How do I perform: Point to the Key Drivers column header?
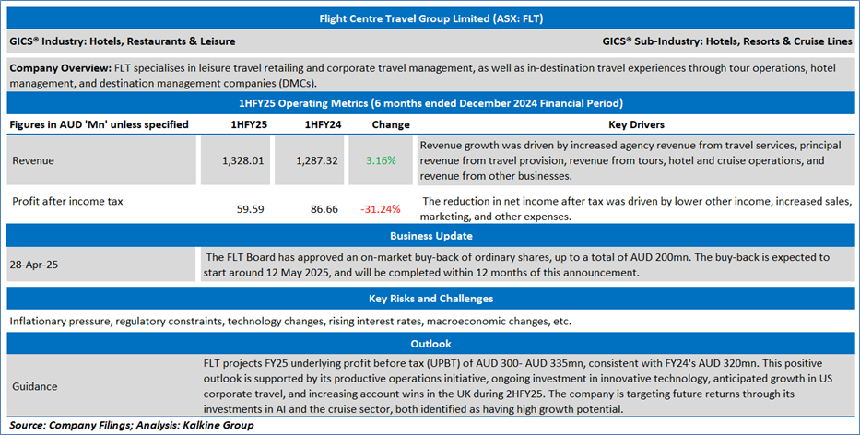(x=636, y=124)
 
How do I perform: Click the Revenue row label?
(x=33, y=160)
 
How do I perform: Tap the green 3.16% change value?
(x=381, y=160)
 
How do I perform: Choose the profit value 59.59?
(x=251, y=209)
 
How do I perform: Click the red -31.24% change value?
(x=381, y=209)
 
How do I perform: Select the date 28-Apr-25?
(x=33, y=264)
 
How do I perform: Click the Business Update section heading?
(x=430, y=236)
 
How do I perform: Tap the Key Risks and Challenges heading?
(x=430, y=299)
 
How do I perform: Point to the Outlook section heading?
(x=430, y=343)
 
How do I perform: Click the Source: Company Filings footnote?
(x=129, y=425)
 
